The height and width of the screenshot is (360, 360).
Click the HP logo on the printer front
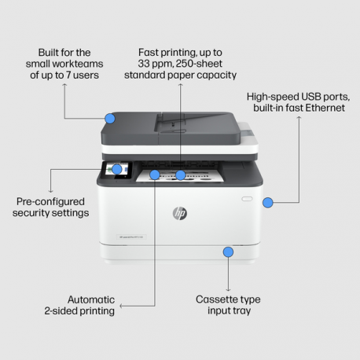coord(180,213)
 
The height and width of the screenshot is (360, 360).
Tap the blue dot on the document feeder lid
coord(110,118)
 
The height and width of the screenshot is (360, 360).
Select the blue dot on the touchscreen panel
coord(116,169)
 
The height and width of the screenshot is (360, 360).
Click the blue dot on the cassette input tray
coord(228,252)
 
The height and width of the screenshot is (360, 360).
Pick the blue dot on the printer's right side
coord(267,202)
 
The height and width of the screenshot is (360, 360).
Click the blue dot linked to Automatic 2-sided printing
coord(155,174)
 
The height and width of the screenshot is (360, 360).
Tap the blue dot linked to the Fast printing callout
coord(181,174)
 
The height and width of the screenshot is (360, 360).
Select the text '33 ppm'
coord(153,63)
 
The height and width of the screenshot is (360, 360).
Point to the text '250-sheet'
coord(200,63)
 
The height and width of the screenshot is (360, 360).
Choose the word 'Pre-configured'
coord(51,201)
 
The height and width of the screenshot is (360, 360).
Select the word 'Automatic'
coord(91,299)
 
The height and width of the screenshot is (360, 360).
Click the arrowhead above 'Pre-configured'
coord(51,189)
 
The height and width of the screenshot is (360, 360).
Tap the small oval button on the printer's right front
coord(247,199)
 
